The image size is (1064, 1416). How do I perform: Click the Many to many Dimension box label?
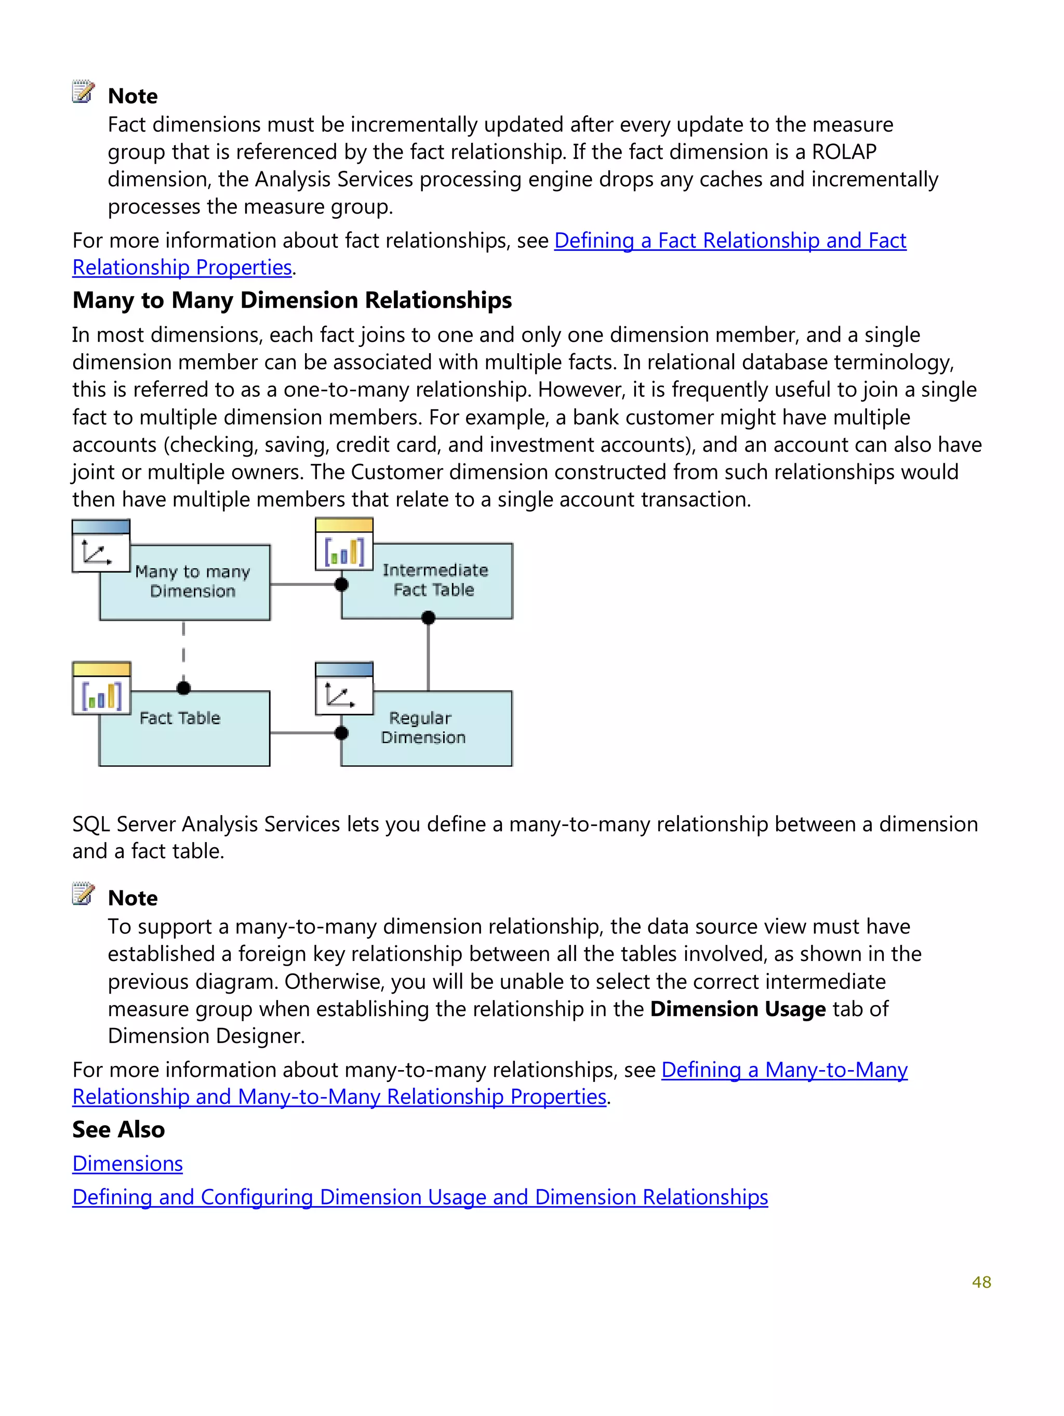pos(192,581)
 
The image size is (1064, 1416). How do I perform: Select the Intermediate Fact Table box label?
pos(435,579)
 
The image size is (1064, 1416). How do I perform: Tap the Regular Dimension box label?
pos(422,728)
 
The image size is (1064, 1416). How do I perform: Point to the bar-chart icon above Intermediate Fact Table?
pos(344,551)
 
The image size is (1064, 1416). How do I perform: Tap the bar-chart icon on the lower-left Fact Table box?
pos(102,695)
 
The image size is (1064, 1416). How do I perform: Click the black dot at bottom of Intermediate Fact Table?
pos(428,618)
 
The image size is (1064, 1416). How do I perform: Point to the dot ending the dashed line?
pos(184,688)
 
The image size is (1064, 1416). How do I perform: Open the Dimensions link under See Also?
pos(127,1164)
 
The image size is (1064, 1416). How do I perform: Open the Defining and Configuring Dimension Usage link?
pos(420,1198)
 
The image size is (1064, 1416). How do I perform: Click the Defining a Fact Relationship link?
pos(730,241)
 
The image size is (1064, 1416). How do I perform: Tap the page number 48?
pos(981,1282)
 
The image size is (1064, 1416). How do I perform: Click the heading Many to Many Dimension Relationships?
pos(292,300)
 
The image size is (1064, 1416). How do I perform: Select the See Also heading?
pos(118,1130)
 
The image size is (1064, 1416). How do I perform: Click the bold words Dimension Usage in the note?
pos(738,1009)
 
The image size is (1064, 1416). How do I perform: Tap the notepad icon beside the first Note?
pos(83,92)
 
